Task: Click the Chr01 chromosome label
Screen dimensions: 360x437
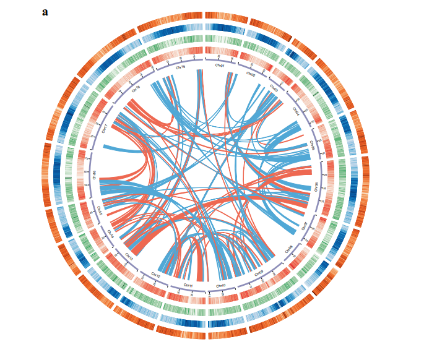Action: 220,65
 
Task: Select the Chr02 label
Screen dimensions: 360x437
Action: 251,74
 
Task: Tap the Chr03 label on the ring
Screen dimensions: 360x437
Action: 274,88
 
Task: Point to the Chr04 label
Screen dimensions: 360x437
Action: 296,113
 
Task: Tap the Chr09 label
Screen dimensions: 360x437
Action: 259,273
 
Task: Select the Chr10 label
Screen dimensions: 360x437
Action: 221,285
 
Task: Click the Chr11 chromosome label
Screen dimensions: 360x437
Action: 188,285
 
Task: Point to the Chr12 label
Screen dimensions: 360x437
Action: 156,274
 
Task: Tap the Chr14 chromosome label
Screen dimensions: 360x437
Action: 111,234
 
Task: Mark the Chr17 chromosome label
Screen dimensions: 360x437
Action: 105,129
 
